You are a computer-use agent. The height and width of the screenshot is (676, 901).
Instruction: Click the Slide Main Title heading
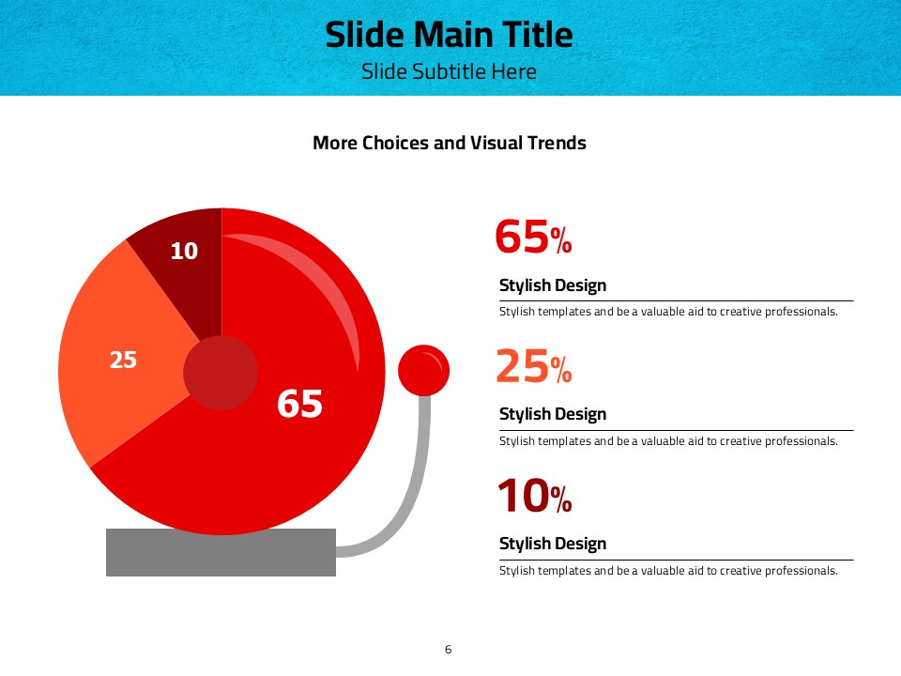click(449, 35)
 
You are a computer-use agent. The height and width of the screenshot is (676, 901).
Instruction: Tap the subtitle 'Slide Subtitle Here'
click(449, 71)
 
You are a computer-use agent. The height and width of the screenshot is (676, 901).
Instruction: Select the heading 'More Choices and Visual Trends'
click(450, 143)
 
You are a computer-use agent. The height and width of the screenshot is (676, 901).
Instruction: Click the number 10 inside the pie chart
click(185, 251)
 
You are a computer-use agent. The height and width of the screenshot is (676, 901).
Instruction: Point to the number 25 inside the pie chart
click(123, 360)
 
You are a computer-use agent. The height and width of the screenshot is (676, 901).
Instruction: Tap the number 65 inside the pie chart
click(299, 403)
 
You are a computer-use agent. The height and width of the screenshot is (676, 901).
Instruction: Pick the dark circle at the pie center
click(221, 373)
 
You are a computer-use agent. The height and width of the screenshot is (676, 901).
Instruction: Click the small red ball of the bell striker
click(423, 371)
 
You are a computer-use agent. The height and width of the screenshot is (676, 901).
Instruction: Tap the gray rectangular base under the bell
click(221, 552)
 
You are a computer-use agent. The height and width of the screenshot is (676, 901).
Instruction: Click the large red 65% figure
click(533, 237)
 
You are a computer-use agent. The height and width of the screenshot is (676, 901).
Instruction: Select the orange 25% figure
click(534, 366)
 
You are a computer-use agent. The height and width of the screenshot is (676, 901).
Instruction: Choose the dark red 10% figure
click(534, 496)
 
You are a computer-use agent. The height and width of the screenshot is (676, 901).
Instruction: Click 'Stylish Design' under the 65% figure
click(553, 285)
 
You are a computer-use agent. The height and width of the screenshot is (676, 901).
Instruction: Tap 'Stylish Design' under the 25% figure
click(553, 414)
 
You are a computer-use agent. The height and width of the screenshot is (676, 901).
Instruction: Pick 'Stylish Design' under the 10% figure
click(553, 544)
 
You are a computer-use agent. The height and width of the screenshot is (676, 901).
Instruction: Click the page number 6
click(449, 650)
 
